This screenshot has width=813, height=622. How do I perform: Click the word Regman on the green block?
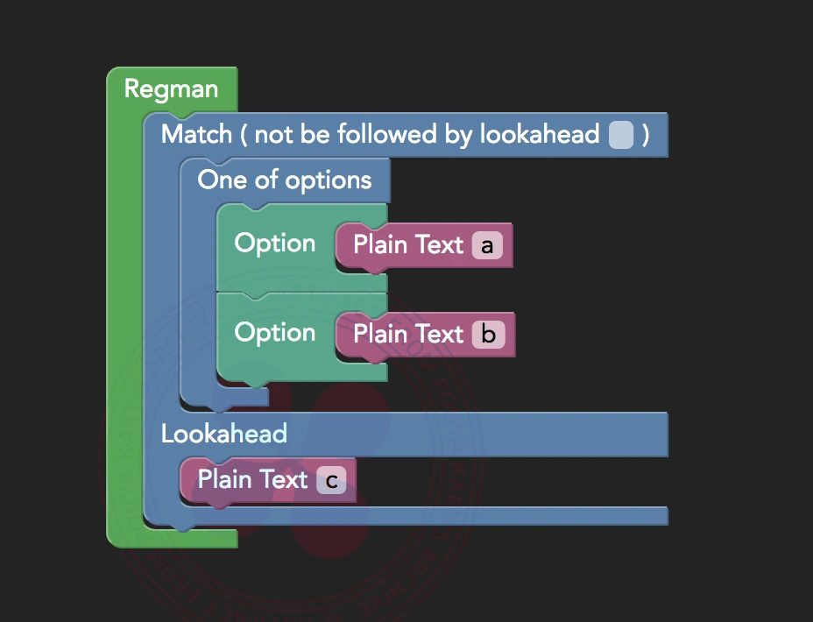click(x=171, y=88)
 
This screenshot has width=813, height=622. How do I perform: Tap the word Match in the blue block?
click(x=197, y=134)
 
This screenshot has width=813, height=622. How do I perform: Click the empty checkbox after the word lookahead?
click(x=621, y=135)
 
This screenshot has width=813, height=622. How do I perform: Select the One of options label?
click(x=285, y=180)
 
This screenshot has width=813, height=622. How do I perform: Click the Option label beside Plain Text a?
click(x=275, y=243)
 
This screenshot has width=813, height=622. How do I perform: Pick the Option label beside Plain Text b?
click(x=275, y=332)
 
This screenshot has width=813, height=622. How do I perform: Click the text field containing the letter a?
click(x=487, y=246)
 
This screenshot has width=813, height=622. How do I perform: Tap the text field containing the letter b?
click(x=489, y=335)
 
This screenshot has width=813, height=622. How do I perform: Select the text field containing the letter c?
click(x=331, y=480)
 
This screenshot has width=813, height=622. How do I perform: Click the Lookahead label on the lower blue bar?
click(x=224, y=433)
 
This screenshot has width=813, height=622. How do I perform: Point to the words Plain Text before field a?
click(x=408, y=244)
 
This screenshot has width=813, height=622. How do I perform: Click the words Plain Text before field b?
click(x=408, y=334)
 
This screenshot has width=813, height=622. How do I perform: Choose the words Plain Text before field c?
click(x=252, y=479)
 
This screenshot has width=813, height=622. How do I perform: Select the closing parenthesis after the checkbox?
click(x=646, y=135)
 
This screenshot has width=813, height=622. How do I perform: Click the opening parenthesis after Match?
click(x=244, y=135)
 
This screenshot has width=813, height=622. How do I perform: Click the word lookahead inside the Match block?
click(x=539, y=134)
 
